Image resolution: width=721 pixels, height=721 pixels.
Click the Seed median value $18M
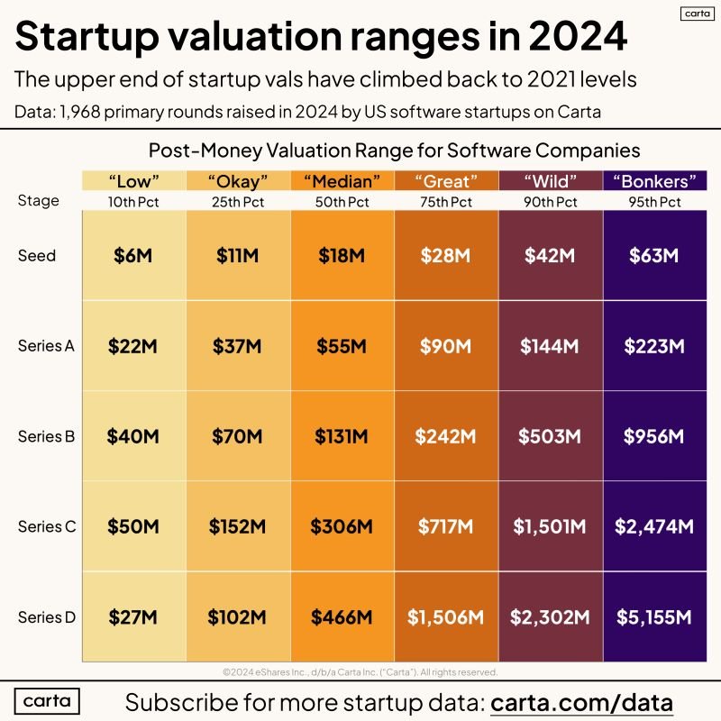[342, 256]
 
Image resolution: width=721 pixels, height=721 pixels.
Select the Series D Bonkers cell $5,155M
[654, 617]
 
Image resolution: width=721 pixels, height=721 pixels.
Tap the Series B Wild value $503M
[550, 436]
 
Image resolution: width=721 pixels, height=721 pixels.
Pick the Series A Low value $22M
[133, 346]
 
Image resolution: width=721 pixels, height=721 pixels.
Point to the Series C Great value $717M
[445, 526]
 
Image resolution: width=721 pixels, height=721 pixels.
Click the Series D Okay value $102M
[238, 617]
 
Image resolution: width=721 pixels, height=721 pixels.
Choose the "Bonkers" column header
[654, 180]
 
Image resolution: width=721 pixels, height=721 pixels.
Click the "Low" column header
[133, 180]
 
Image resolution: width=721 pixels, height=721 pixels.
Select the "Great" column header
[446, 180]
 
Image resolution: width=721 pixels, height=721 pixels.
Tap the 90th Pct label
[550, 202]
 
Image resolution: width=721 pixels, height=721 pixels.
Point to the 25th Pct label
[238, 202]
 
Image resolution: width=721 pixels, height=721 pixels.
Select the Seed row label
[37, 256]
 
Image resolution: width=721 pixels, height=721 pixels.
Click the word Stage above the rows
[39, 200]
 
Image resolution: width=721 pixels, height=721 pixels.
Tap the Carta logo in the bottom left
[47, 700]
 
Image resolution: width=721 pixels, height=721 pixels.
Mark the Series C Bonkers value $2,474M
[654, 526]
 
